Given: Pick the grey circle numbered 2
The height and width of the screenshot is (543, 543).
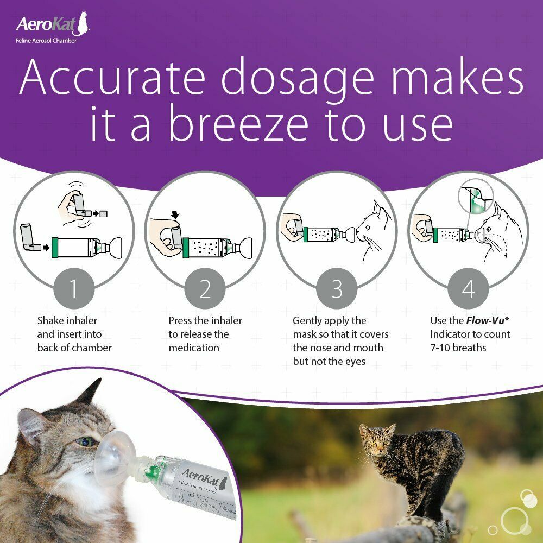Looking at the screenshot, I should [205, 289].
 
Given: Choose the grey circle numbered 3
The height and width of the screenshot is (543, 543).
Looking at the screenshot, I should [337, 289].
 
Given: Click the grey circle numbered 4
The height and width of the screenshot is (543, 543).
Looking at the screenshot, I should [468, 289].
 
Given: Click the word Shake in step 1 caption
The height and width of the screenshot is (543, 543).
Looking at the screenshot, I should [50, 320].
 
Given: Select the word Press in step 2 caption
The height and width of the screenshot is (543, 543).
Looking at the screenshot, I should [182, 320].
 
